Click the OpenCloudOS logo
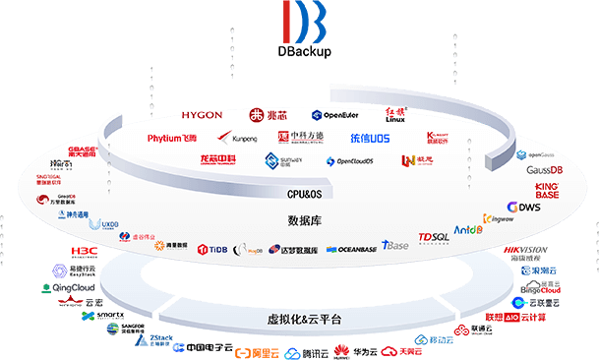tap(358, 161)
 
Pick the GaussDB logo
tap(544, 170)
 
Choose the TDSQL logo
tap(433, 238)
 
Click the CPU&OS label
tap(304, 195)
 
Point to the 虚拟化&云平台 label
tap(303, 321)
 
